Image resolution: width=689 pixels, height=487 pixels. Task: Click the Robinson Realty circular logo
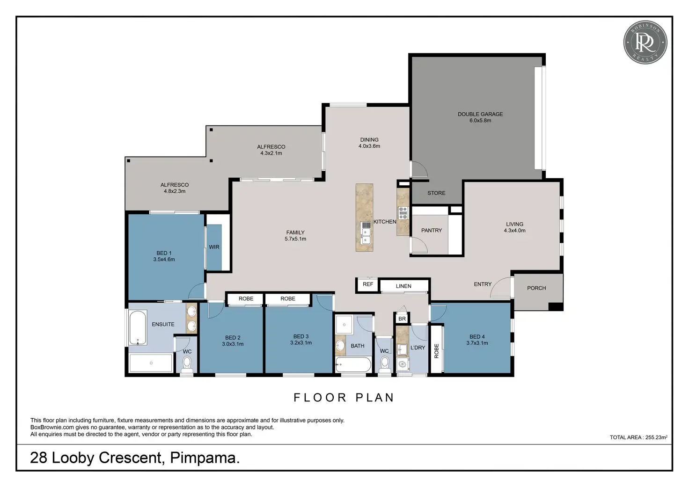click(645, 43)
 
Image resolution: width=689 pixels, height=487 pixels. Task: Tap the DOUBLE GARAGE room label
click(480, 114)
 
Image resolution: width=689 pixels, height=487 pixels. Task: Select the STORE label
click(436, 193)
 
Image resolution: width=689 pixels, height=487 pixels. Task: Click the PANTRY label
click(431, 230)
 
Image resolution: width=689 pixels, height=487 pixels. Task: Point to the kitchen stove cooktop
click(403, 213)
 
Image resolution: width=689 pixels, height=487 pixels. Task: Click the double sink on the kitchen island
click(366, 236)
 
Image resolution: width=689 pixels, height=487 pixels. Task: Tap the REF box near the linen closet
click(367, 284)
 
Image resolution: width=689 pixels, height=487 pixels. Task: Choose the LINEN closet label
click(403, 286)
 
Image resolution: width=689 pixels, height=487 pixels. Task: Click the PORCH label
click(536, 288)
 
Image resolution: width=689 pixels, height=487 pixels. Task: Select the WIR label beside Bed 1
click(214, 247)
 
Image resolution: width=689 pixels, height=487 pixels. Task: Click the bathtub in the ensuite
click(138, 327)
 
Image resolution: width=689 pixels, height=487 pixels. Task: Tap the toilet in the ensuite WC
click(187, 365)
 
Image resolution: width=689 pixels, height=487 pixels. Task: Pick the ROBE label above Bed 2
click(246, 298)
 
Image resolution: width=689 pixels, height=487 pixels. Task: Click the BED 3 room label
click(301, 336)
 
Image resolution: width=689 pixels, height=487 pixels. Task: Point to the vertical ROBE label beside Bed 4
click(436, 351)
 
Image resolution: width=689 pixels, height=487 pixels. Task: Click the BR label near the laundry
click(402, 319)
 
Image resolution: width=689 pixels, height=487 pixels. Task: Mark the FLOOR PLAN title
click(344, 398)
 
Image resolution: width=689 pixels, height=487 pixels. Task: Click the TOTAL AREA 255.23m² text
click(638, 437)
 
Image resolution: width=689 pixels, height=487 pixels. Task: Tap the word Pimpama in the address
click(205, 458)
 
